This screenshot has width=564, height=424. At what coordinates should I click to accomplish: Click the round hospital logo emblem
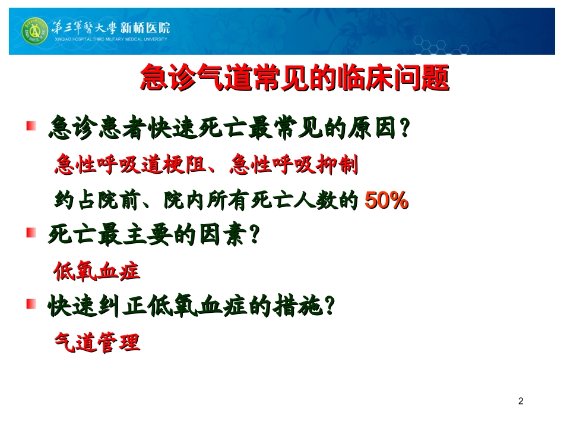[34, 30]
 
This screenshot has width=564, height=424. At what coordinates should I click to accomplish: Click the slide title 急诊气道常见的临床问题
[294, 78]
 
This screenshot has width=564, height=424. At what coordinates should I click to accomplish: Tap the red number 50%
[386, 201]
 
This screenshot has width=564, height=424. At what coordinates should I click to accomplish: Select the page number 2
[521, 401]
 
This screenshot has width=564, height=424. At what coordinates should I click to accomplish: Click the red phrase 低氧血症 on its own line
[97, 271]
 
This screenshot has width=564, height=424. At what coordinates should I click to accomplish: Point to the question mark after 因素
[254, 235]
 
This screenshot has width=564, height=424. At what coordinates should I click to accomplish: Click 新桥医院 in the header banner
[145, 27]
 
